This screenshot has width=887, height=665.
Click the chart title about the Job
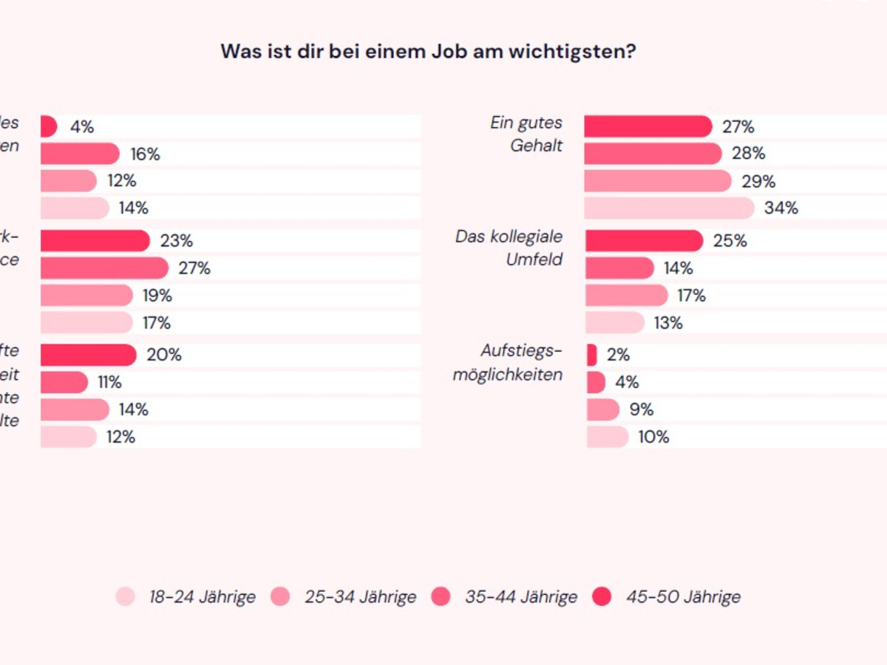pos(428,52)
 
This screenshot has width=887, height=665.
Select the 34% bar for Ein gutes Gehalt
pos(669,208)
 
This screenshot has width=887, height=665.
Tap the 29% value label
pos(758,182)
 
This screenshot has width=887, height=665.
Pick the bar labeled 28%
pos(653,154)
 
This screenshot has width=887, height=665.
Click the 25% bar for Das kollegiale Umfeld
pos(644,241)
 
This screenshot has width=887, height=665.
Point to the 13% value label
pos(667,323)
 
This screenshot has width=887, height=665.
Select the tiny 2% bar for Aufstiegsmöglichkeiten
pos(591,355)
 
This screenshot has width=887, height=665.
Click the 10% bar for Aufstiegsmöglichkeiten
pos(608,437)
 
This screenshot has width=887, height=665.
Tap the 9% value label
pos(641,409)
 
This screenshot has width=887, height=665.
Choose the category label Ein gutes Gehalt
pos(526,134)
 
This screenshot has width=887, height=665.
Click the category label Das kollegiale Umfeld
pos(509,248)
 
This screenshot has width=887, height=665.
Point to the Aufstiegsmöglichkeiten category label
pos(508,362)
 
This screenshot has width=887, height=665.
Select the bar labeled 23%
pos(95,241)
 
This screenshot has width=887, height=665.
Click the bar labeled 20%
pos(88,355)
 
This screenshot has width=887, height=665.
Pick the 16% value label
pos(144,154)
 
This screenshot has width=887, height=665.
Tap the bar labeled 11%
pos(64,382)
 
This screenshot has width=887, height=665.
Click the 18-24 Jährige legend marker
pos(126,597)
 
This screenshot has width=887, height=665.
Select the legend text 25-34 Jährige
pos(360,597)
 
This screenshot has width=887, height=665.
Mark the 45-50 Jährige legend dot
pos(602,597)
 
